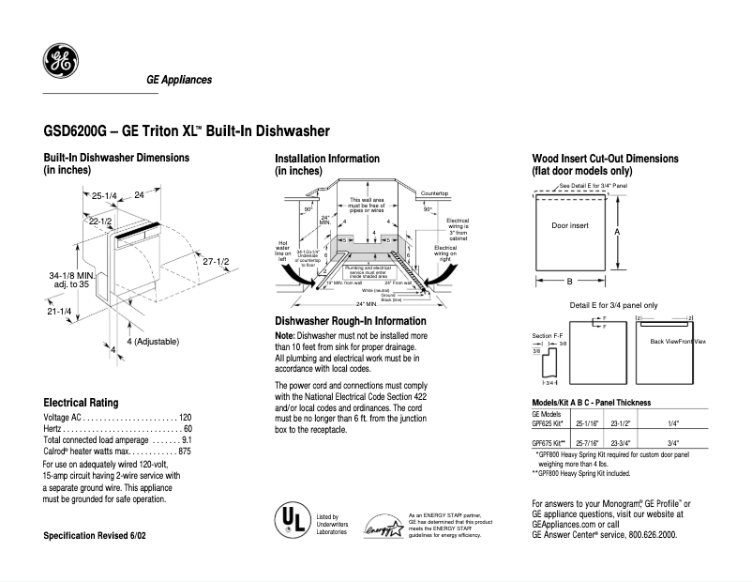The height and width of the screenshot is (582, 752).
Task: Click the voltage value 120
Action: tap(185, 417)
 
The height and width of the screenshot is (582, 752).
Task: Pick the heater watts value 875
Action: tap(184, 452)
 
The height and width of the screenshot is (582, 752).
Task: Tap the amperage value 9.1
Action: tap(187, 439)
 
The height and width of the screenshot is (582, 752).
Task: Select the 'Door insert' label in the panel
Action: tap(570, 226)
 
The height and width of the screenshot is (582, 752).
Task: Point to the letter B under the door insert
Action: tap(570, 282)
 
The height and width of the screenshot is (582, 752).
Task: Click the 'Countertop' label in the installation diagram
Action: tap(435, 192)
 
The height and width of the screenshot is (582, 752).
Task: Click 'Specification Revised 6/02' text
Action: tap(95, 535)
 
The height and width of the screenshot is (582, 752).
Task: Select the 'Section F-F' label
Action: tap(547, 335)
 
